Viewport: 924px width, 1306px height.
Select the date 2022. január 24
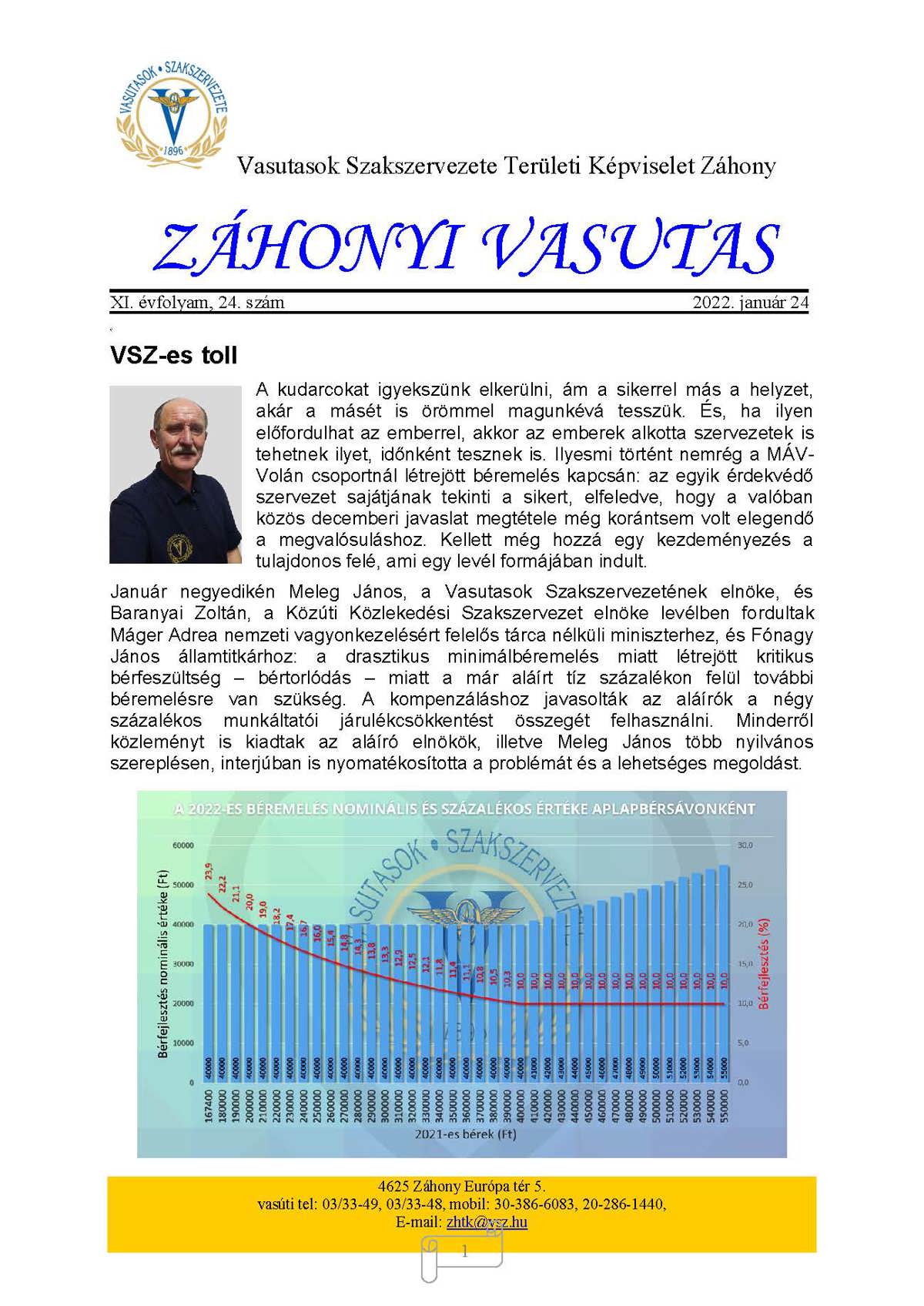[750, 303]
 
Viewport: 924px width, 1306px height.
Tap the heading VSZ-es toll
[174, 356]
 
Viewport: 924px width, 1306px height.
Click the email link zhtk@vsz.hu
[487, 1222]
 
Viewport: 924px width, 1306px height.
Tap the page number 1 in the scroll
[464, 1252]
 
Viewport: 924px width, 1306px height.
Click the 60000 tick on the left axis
[183, 845]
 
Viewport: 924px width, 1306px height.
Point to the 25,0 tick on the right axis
[745, 885]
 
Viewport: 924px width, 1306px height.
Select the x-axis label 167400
[209, 1105]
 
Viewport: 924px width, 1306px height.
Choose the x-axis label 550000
[724, 1105]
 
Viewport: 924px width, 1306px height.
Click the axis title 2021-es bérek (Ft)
[465, 1134]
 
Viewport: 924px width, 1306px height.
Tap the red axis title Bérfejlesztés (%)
[764, 963]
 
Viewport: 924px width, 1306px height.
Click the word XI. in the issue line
[121, 303]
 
